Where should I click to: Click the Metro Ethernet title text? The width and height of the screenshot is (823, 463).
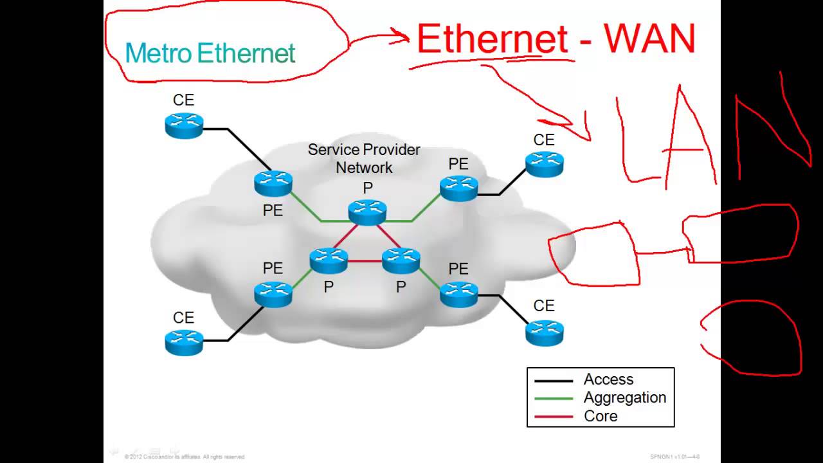[210, 53]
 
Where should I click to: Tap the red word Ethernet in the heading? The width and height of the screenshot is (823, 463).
[493, 39]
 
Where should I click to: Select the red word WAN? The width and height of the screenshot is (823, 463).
[649, 39]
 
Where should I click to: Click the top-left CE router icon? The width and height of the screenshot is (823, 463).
[184, 125]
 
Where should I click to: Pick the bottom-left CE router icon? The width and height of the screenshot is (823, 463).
[184, 341]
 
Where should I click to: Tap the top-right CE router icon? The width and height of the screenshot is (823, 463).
[544, 164]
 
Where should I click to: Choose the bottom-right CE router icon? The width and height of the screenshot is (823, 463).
[544, 332]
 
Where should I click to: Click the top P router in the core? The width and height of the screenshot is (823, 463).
[367, 212]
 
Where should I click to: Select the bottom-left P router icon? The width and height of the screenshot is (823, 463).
[329, 260]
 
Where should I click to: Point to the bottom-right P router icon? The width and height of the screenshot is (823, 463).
[401, 260]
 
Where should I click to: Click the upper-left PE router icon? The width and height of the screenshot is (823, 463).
[273, 183]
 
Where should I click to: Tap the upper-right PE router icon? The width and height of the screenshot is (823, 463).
[459, 188]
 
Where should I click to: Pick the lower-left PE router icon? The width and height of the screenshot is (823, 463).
[273, 294]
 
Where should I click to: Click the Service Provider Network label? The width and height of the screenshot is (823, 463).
[364, 158]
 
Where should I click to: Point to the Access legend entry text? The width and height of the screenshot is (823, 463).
[608, 379]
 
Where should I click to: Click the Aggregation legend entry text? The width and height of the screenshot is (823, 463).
[624, 397]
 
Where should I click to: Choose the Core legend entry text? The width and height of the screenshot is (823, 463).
[601, 416]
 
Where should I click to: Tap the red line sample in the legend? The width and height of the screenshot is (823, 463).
[554, 417]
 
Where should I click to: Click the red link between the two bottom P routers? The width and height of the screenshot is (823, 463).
[365, 261]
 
